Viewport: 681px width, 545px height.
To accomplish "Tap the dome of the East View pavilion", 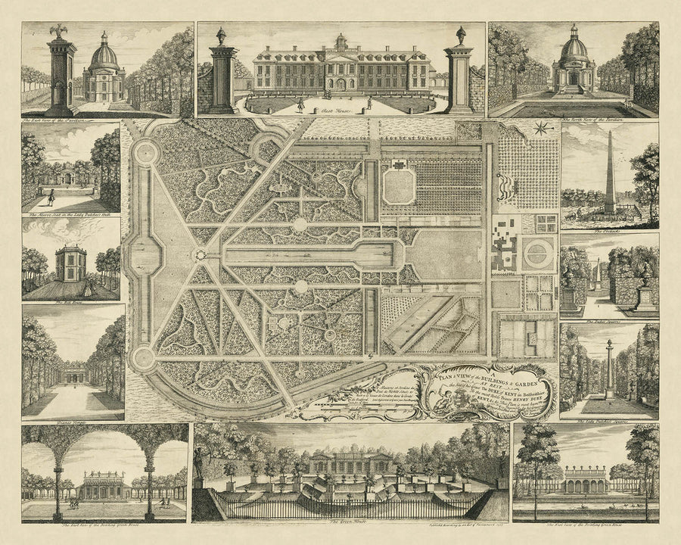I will [104, 54].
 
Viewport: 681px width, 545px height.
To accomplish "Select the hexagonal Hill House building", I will [70, 260].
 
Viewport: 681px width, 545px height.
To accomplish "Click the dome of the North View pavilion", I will [574, 47].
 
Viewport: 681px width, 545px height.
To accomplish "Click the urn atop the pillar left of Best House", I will [222, 35].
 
